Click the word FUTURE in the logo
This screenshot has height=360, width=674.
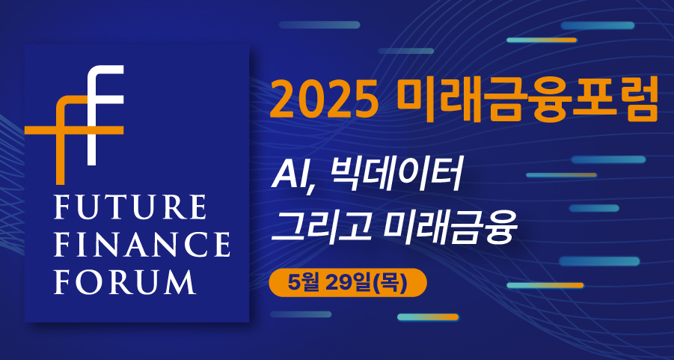pyautogui.click(x=130, y=209)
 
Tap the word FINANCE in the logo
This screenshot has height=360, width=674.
pyautogui.click(x=142, y=245)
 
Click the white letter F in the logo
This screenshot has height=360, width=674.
pyautogui.click(x=105, y=115)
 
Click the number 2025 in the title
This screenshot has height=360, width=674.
pyautogui.click(x=325, y=100)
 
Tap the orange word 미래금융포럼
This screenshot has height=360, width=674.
pyautogui.click(x=528, y=100)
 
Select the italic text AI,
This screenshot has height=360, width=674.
pyautogui.click(x=293, y=178)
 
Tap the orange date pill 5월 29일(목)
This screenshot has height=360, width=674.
pyautogui.click(x=348, y=283)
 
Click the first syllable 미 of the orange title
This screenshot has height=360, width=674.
pyautogui.click(x=416, y=100)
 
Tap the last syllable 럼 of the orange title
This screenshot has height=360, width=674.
pyautogui.click(x=637, y=100)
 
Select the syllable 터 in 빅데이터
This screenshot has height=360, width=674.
pyautogui.click(x=444, y=176)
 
